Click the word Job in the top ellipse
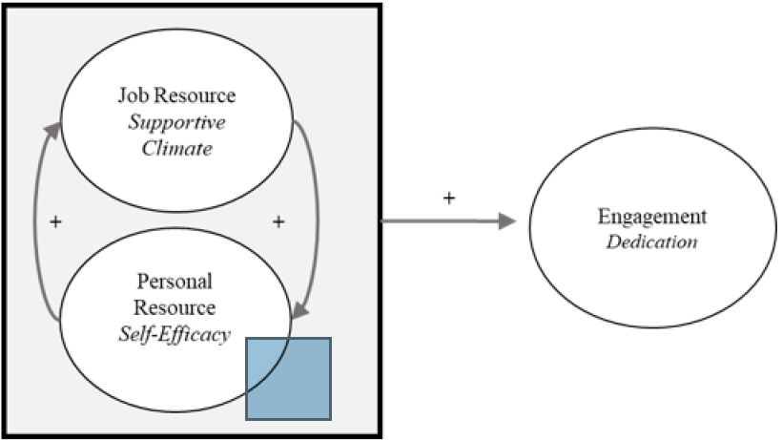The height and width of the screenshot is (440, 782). point(132,96)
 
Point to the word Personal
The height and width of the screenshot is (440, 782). point(175,283)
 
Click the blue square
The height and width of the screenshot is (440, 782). point(288,378)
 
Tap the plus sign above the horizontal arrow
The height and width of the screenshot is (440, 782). point(448,198)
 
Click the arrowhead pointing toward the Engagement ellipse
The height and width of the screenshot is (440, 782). point(506,222)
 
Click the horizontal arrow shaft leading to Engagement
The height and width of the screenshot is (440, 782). point(439,222)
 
